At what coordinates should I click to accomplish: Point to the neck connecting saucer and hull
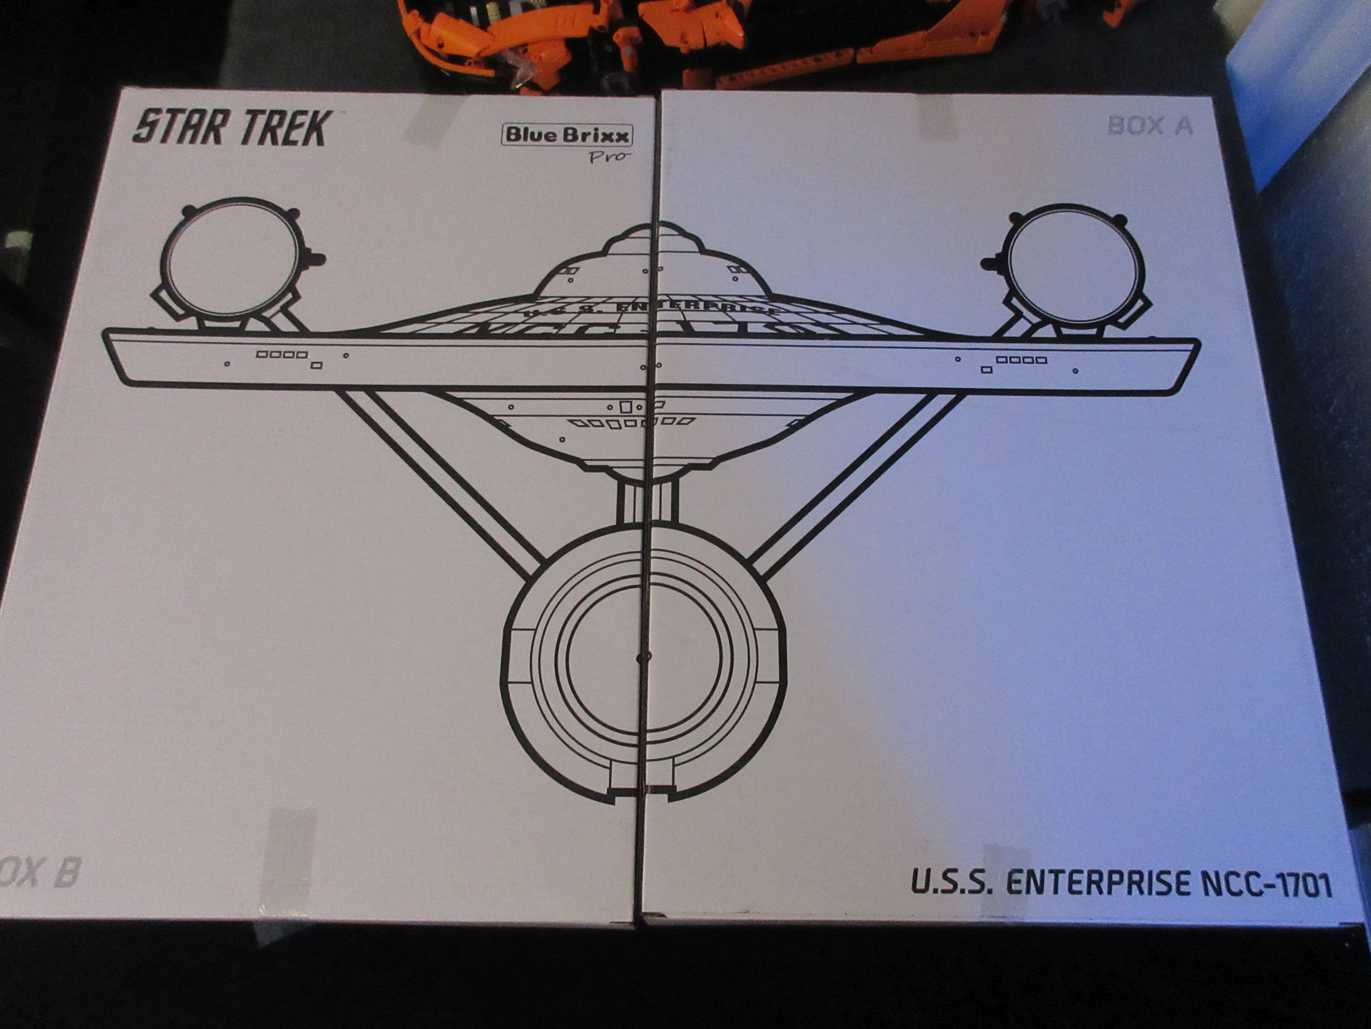(x=644, y=502)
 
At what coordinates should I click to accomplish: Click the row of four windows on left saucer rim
(x=282, y=355)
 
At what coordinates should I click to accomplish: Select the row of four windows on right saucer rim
(x=1021, y=359)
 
